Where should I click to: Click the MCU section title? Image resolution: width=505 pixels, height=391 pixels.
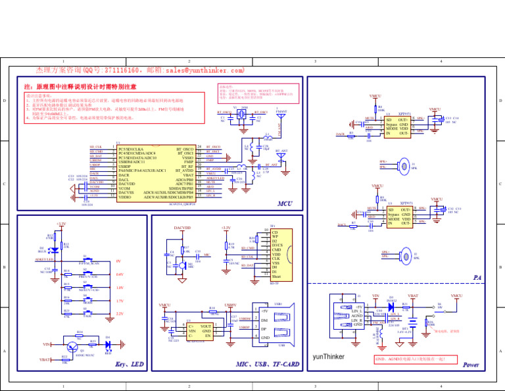pyautogui.click(x=285, y=204)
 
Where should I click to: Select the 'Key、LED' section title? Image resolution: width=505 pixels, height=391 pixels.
pyautogui.click(x=129, y=364)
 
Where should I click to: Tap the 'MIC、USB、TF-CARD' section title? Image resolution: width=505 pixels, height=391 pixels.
pyautogui.click(x=267, y=364)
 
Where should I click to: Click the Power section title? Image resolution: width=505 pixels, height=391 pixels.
pyautogui.click(x=471, y=364)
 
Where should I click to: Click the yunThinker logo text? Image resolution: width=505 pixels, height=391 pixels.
pyautogui.click(x=329, y=358)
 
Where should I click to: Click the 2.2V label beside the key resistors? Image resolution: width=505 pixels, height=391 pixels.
pyautogui.click(x=119, y=314)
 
